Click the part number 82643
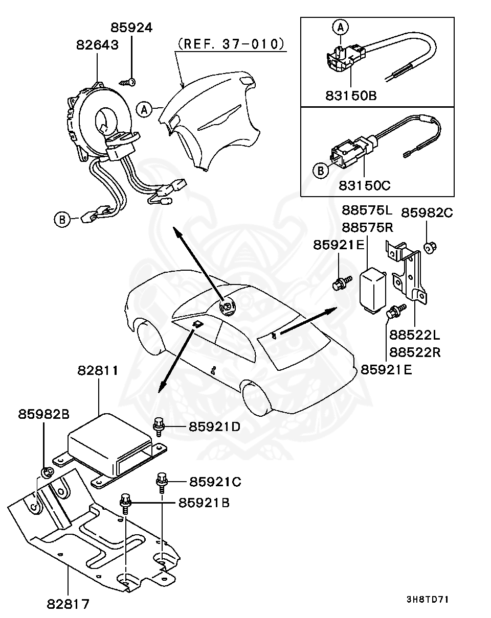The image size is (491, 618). (97, 45)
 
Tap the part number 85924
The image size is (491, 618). (131, 28)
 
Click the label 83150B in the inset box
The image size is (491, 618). (350, 95)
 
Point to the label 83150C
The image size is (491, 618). (364, 185)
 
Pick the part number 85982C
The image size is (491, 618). (427, 212)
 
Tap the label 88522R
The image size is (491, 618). (415, 352)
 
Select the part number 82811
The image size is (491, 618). (98, 370)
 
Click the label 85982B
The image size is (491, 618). (44, 414)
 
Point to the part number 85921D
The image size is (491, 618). (214, 425)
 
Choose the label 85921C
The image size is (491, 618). (215, 481)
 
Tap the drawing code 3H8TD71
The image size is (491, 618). (428, 599)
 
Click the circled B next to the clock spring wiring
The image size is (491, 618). (61, 220)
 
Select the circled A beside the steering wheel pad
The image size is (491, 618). (145, 108)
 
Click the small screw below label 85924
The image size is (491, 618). (129, 82)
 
